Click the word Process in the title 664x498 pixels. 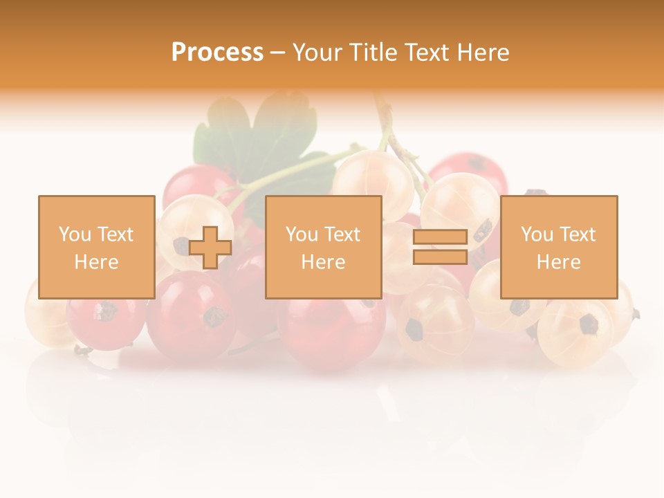(x=217, y=53)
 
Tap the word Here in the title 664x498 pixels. (x=483, y=53)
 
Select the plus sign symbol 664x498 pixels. (x=210, y=247)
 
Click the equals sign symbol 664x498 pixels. (x=440, y=247)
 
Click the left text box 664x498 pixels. (x=96, y=247)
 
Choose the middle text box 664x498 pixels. (x=323, y=247)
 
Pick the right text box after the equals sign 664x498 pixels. (x=558, y=247)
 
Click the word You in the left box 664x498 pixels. (x=75, y=234)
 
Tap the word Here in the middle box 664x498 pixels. (x=323, y=262)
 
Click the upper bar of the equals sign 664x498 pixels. (x=440, y=237)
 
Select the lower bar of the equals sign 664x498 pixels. (x=440, y=257)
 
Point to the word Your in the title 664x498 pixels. (x=317, y=53)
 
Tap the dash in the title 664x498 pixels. (x=277, y=53)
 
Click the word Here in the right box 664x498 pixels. (x=558, y=262)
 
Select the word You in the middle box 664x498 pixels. (x=302, y=234)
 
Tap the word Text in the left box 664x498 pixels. (x=115, y=234)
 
